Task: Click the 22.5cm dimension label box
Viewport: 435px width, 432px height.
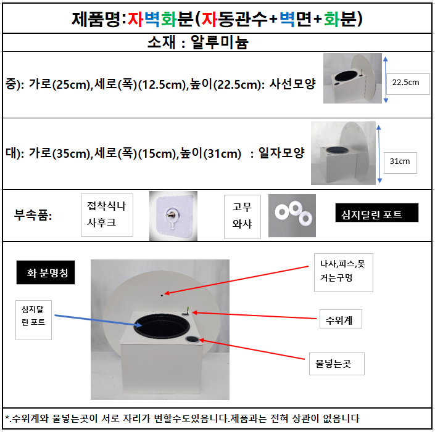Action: coord(408,84)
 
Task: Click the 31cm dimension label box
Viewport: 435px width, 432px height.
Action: coord(400,163)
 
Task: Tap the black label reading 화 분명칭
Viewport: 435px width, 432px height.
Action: coord(46,272)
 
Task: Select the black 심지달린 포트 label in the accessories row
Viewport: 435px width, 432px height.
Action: coord(377,213)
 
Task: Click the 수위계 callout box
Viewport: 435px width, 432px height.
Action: coord(341,319)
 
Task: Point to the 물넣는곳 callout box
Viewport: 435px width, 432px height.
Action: coord(337,364)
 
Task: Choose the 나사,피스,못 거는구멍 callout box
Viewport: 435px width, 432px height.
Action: coord(344,272)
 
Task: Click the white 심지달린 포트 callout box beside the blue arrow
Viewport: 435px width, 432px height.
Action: coord(33,320)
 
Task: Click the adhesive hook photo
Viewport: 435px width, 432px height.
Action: coord(173,216)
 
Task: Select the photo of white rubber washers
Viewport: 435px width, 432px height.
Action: coord(292,216)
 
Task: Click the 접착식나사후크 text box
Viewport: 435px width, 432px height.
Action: coord(107,215)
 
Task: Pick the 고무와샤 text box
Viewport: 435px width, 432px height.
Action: coord(242,216)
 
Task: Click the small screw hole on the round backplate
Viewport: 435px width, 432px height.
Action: coord(162,295)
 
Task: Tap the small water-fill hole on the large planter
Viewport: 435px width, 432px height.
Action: coord(193,339)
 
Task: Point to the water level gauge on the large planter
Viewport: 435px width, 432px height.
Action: coord(187,312)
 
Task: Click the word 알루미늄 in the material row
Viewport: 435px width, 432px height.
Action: coord(219,43)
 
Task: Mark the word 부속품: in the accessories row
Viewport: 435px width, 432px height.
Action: coord(33,215)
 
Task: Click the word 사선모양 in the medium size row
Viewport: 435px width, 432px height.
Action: coord(292,84)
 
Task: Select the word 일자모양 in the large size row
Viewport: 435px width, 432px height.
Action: coord(281,153)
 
